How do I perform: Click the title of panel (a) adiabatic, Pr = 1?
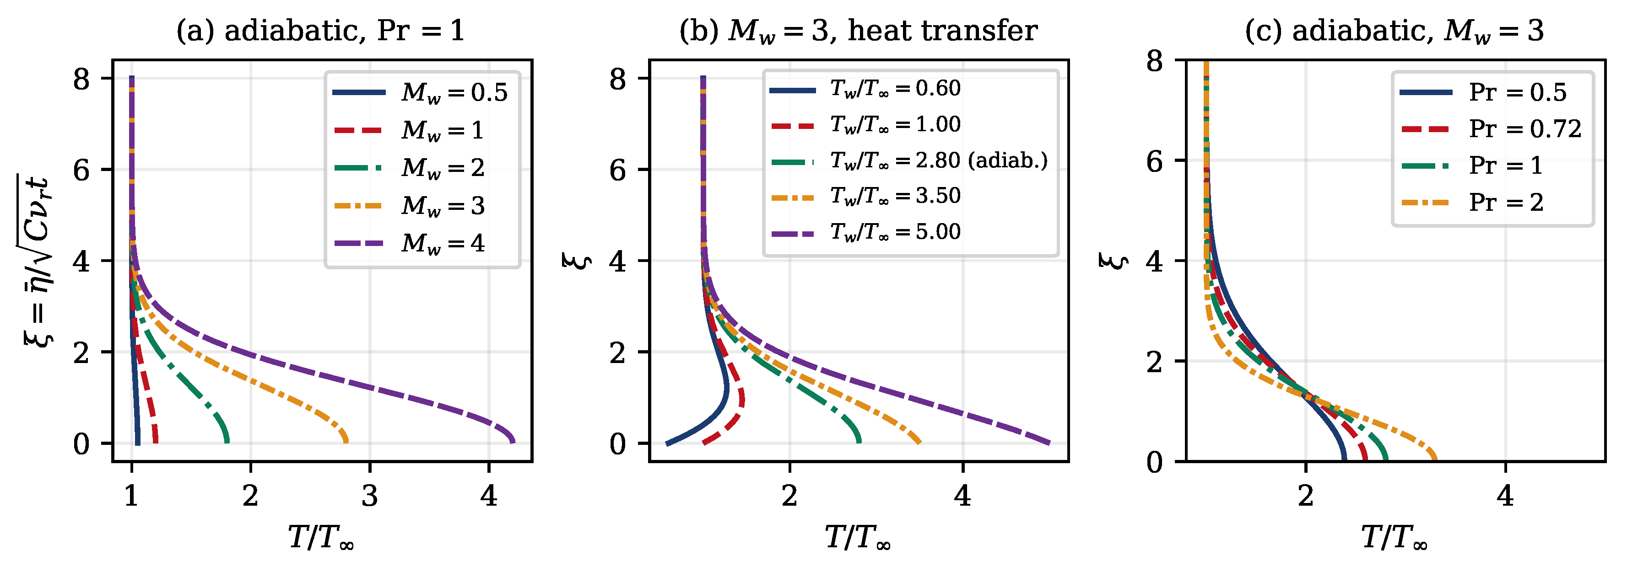pyautogui.click(x=320, y=31)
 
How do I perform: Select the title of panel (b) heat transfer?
pyautogui.click(x=859, y=31)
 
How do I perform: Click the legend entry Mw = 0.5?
pyautogui.click(x=420, y=93)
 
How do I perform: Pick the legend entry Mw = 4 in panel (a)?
pyautogui.click(x=409, y=243)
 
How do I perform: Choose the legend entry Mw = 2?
pyautogui.click(x=409, y=168)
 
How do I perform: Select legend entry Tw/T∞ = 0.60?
pyautogui.click(x=865, y=89)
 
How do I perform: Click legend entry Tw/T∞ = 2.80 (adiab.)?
pyautogui.click(x=908, y=161)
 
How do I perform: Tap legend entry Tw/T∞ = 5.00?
pyautogui.click(x=865, y=232)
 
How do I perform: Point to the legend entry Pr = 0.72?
pyautogui.click(x=1491, y=129)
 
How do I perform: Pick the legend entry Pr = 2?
pyautogui.click(x=1471, y=203)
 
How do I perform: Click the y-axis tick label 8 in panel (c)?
pyautogui.click(x=1154, y=62)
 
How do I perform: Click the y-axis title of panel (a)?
pyautogui.click(x=37, y=261)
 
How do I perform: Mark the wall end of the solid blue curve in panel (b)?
pyautogui.click(x=667, y=443)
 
